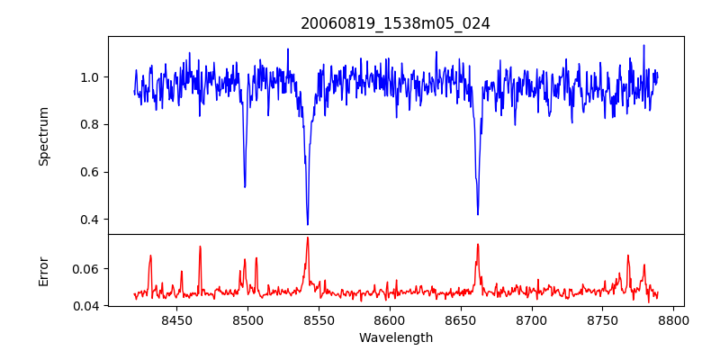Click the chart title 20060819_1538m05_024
395,23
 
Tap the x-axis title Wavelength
395,338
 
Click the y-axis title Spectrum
43,136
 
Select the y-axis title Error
43,270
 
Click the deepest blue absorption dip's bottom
308,224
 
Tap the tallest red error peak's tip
308,238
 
